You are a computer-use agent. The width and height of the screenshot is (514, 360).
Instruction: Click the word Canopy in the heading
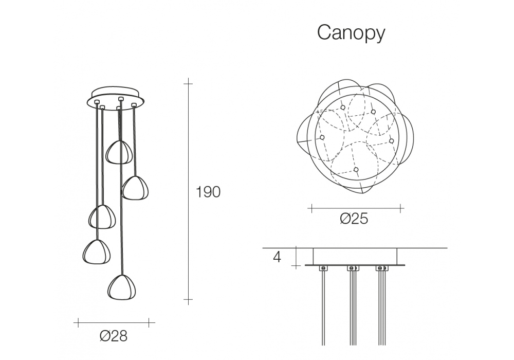click(351, 33)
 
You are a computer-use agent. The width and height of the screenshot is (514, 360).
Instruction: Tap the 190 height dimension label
click(208, 192)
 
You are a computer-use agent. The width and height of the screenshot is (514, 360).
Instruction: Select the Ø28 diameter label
click(113, 336)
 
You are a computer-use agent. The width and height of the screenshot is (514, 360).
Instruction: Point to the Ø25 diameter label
click(354, 219)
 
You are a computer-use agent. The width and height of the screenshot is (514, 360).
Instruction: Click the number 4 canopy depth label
click(277, 257)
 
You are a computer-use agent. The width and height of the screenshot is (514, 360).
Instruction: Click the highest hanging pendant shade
click(119, 151)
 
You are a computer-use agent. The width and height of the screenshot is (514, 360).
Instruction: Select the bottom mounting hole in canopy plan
click(356, 169)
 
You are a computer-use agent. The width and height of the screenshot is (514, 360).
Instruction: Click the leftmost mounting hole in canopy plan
click(322, 138)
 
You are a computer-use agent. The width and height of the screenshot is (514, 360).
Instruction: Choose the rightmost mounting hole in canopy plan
click(391, 140)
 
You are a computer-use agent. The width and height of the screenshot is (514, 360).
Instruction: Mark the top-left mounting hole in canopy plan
click(342, 107)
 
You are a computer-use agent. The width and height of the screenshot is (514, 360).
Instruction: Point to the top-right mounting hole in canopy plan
click(374, 111)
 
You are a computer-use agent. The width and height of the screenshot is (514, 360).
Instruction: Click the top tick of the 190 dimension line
click(189, 82)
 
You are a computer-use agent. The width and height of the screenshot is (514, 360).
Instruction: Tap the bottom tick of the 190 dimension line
click(189, 299)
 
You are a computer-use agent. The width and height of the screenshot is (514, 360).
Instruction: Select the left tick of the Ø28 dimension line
click(77, 323)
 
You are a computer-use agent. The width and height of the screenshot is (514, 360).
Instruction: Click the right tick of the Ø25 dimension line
click(401, 208)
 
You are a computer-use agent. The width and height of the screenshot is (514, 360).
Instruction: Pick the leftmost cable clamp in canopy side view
click(323, 268)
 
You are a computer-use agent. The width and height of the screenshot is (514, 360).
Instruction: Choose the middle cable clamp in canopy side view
click(352, 268)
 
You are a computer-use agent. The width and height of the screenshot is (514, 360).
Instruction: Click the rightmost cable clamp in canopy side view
click(380, 268)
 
